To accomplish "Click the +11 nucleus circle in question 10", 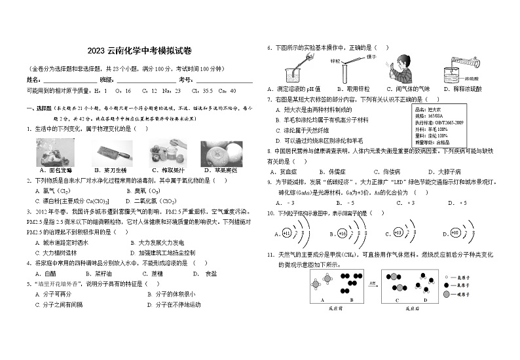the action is pyautogui.click(x=286, y=234).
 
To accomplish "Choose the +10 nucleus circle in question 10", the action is pyautogui.click(x=455, y=234).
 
